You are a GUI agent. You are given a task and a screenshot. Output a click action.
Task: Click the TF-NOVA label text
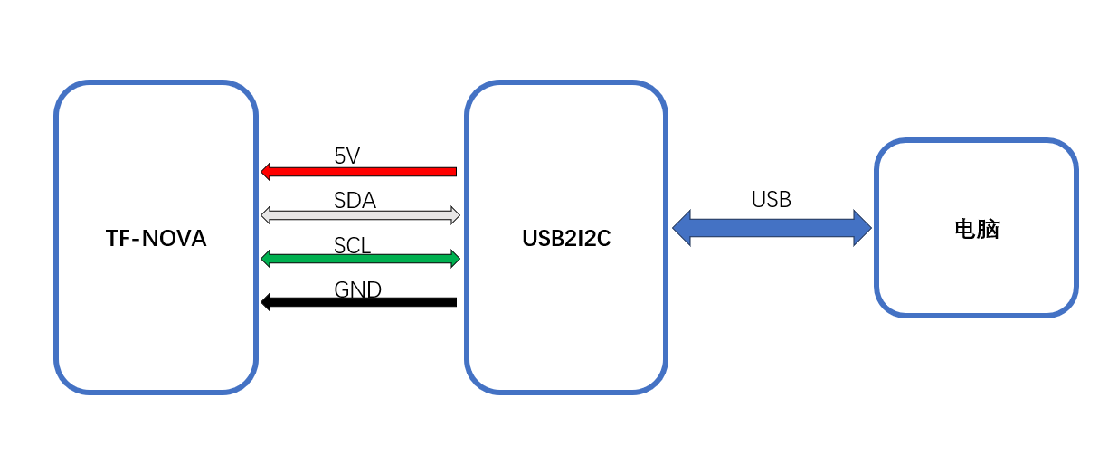tap(156, 239)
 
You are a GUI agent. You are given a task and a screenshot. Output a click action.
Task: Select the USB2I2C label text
tap(566, 239)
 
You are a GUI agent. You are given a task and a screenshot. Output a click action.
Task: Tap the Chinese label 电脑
tap(976, 229)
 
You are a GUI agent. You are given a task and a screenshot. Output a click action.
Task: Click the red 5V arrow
tap(362, 171)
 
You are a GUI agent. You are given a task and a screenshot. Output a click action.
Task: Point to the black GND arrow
tap(362, 302)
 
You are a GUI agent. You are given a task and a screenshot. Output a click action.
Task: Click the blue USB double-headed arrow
tap(772, 227)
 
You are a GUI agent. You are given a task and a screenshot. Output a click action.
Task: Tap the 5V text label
tap(346, 156)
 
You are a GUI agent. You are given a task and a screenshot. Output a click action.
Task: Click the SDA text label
tap(355, 200)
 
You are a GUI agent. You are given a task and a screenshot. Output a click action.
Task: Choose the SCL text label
tap(352, 244)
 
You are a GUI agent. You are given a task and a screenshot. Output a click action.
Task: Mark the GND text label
tap(357, 289)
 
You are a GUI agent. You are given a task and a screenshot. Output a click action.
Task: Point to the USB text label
tap(771, 200)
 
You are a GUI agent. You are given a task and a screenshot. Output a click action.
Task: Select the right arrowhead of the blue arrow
tap(862, 227)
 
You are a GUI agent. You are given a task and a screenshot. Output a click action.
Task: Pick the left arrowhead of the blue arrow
tap(682, 227)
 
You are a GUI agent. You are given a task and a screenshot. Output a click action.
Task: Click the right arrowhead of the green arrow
tap(455, 259)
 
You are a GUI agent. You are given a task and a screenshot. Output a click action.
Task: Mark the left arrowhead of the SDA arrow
tap(266, 215)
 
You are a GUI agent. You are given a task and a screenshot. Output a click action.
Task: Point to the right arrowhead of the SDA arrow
tap(455, 215)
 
